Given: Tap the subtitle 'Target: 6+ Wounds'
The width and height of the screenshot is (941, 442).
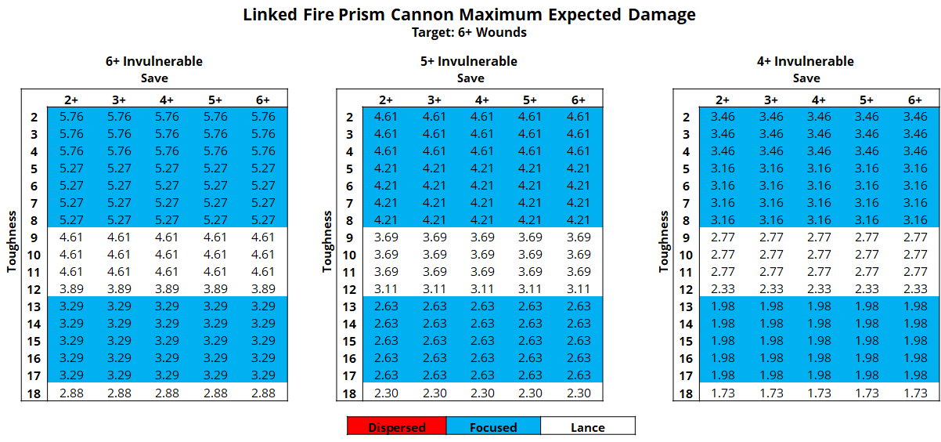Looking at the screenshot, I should [469, 32].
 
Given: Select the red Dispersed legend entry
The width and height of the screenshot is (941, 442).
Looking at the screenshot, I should [397, 426].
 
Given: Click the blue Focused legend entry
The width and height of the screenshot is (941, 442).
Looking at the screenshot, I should [493, 426].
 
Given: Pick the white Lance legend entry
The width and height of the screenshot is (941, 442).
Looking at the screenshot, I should [587, 426].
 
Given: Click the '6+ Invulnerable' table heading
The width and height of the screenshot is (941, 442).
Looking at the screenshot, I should [154, 61].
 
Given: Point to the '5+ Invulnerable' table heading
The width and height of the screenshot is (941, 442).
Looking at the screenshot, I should [470, 61].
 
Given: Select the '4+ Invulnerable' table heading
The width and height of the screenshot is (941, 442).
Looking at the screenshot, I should [806, 61].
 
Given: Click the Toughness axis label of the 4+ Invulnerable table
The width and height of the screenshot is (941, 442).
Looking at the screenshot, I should [665, 241].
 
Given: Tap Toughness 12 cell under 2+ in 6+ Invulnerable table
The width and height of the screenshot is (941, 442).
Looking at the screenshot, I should [71, 289].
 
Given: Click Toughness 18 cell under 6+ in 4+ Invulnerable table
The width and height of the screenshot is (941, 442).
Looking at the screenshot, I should [914, 393].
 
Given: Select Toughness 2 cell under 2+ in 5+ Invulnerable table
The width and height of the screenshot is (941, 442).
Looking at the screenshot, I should [386, 117].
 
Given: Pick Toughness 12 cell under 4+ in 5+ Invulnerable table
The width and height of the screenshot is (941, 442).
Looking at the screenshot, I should [481, 289].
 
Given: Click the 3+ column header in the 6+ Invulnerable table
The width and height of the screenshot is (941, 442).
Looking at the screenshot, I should [119, 100].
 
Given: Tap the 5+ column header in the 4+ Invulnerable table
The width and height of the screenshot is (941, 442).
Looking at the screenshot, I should [867, 100].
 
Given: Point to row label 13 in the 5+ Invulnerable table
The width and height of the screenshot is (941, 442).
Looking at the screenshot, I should [349, 306].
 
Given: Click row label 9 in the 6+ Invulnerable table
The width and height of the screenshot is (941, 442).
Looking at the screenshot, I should [34, 237].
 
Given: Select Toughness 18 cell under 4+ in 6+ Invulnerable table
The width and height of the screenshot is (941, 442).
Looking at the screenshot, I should [167, 393].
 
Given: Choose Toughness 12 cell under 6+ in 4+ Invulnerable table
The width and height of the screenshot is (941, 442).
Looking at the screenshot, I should [914, 289].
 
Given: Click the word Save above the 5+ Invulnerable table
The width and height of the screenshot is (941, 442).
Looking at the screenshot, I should [470, 78].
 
